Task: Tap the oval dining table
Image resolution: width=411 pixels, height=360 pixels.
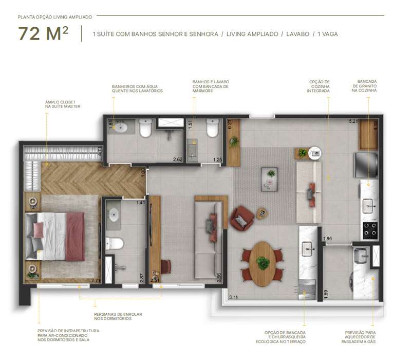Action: pyautogui.click(x=263, y=264)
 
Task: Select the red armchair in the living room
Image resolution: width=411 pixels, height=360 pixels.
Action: pyautogui.click(x=241, y=218)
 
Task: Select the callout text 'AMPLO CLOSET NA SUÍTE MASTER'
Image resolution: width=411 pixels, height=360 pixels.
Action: pyautogui.click(x=63, y=104)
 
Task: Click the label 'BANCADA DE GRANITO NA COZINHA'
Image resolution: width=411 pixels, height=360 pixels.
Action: pyautogui.click(x=367, y=86)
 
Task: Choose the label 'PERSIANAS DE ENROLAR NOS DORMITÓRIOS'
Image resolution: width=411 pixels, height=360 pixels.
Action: pyautogui.click(x=117, y=316)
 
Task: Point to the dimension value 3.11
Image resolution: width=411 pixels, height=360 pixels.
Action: pyautogui.click(x=234, y=297)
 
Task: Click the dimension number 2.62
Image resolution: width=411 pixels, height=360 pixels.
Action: pyautogui.click(x=178, y=160)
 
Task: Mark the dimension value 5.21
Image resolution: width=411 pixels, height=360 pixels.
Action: pyautogui.click(x=353, y=121)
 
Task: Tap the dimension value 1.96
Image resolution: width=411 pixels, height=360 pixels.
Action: pyautogui.click(x=327, y=239)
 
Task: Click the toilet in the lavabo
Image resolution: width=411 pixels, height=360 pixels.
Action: pyautogui.click(x=213, y=129)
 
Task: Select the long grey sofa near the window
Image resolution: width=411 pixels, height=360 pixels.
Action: pyautogui.click(x=208, y=239)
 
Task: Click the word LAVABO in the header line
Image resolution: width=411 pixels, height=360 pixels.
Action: pyautogui.click(x=295, y=34)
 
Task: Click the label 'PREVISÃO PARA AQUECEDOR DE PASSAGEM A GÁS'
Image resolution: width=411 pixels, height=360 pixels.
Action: pyautogui.click(x=361, y=337)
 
